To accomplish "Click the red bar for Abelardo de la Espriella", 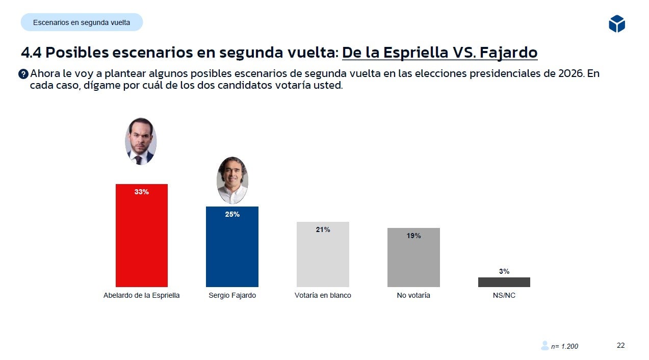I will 142,240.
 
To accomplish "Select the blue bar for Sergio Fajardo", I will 232,250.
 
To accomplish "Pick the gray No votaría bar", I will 413,260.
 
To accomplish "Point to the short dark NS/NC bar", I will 504,282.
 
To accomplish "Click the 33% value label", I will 142,192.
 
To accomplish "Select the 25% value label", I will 232,215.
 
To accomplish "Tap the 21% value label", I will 323,230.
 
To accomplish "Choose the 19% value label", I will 413,236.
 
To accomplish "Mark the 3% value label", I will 504,272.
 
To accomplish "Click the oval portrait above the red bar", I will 140,141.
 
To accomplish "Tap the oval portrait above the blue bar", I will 232,180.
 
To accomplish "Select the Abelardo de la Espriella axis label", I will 142,295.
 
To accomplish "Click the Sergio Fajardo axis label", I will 232,295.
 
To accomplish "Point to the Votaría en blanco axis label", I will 323,295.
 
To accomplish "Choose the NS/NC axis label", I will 504,295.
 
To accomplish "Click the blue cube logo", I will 616,23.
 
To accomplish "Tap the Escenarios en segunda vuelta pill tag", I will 82,22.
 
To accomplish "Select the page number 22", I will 620,345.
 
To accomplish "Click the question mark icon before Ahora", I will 23,74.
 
